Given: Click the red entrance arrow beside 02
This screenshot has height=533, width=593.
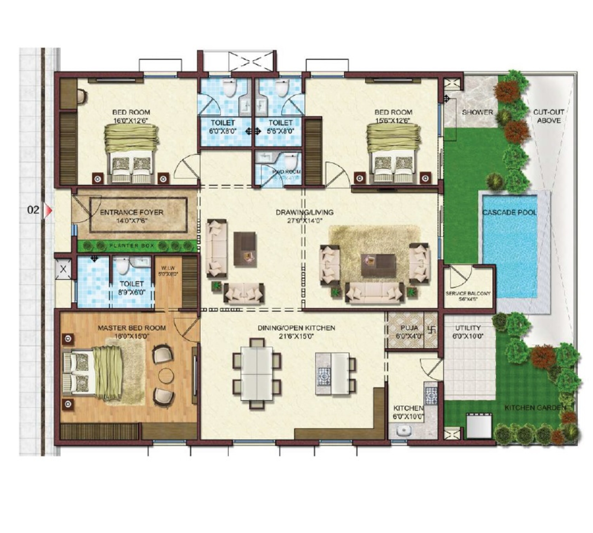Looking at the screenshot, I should tap(48, 210).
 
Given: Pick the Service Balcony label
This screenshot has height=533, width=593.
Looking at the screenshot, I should tap(468, 293).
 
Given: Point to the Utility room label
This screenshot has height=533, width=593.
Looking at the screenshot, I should tap(468, 328).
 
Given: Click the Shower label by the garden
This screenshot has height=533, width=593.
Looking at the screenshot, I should tap(478, 112).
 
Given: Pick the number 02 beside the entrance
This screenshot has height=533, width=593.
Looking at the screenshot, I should tap(33, 210).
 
